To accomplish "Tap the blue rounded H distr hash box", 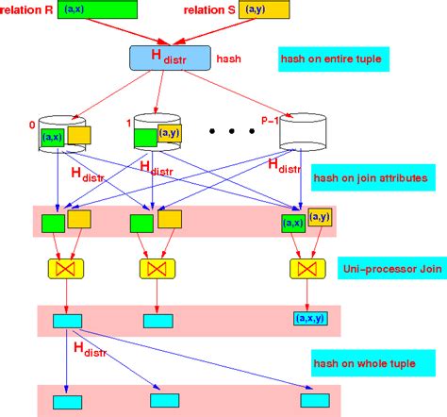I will pos(169,57).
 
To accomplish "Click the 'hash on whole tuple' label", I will pos(365,362).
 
